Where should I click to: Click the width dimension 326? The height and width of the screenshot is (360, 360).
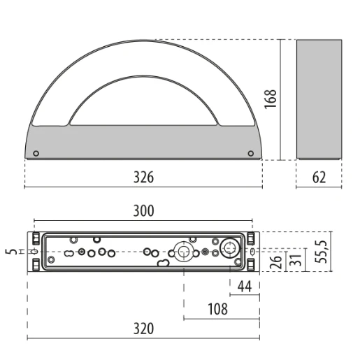pyautogui.click(x=143, y=177)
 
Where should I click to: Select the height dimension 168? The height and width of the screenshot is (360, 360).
pyautogui.click(x=272, y=99)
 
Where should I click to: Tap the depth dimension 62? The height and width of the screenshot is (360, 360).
pyautogui.click(x=319, y=177)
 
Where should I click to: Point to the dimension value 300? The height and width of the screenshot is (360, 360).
pyautogui.click(x=143, y=210)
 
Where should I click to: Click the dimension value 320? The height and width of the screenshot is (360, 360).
pyautogui.click(x=143, y=329)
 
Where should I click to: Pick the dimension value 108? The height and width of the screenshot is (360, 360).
pyautogui.click(x=217, y=308)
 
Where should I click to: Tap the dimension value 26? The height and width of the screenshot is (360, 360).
pyautogui.click(x=275, y=262)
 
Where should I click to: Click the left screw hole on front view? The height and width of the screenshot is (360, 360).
pyautogui.click(x=36, y=153)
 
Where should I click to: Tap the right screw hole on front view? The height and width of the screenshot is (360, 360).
pyautogui.click(x=251, y=153)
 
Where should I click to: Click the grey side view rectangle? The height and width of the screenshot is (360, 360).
pyautogui.click(x=319, y=99)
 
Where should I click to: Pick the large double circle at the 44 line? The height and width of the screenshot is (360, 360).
pyautogui.click(x=230, y=249)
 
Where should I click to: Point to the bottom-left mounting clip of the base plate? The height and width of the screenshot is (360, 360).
pyautogui.click(x=35, y=266)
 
